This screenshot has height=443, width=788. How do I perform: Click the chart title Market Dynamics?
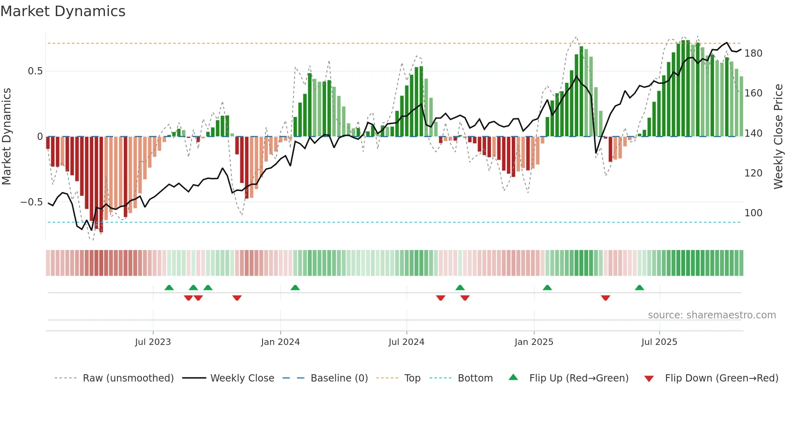[x=63, y=11]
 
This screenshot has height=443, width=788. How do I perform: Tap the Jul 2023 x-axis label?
[x=153, y=342]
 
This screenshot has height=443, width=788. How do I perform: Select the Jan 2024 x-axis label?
[x=280, y=342]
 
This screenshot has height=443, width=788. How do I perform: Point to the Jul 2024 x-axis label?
[x=406, y=342]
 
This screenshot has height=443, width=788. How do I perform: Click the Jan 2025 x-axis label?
[x=534, y=342]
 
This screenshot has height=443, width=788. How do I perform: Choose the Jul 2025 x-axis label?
[x=659, y=342]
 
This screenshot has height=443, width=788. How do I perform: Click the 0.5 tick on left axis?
[x=35, y=71]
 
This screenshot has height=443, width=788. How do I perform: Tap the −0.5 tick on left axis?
[x=32, y=202]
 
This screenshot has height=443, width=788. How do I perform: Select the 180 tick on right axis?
[x=753, y=53]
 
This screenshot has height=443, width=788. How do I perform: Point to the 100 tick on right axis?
[x=753, y=213]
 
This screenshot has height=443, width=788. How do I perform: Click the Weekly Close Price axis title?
[x=778, y=137]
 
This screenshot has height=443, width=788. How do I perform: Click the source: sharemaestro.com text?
[x=712, y=315]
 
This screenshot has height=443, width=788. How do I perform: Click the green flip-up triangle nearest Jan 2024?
[x=295, y=287]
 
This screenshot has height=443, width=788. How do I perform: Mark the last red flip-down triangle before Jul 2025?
[x=605, y=298]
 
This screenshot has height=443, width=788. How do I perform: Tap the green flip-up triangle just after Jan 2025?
[x=547, y=287]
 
